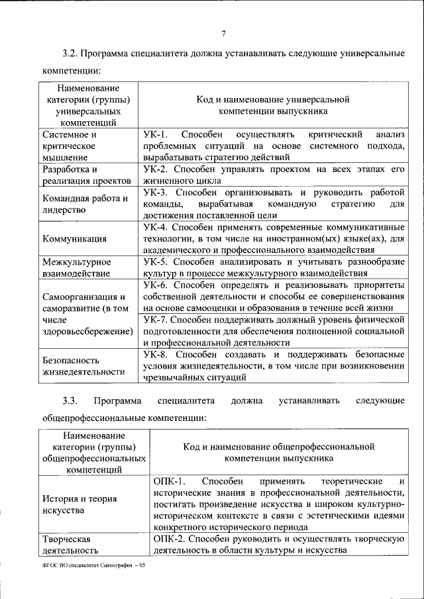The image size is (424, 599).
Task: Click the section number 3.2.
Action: (x=70, y=52)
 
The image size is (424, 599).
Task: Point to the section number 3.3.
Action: (x=70, y=401)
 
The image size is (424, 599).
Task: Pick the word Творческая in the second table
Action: (x=66, y=539)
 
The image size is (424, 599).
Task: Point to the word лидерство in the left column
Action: (x=65, y=210)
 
